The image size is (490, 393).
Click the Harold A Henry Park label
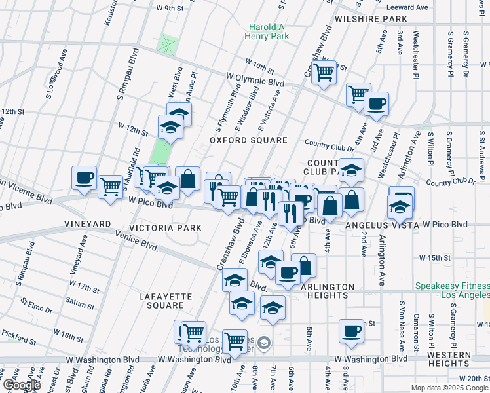268,32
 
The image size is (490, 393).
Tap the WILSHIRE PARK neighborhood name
371,20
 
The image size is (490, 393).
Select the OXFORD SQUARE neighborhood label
248,140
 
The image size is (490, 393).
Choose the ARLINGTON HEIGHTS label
328,291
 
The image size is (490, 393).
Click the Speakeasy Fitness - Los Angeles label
452,291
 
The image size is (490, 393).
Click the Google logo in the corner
22,385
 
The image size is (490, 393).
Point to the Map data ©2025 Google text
450,388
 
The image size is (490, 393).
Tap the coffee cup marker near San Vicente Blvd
85,178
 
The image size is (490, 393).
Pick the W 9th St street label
170,8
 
